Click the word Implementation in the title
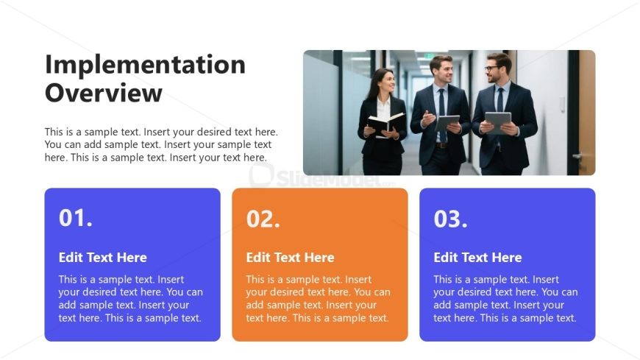(x=145, y=65)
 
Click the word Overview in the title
(x=104, y=93)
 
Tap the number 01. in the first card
(x=76, y=218)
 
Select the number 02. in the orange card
(x=263, y=219)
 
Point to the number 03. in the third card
(x=451, y=219)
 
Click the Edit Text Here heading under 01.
(x=103, y=258)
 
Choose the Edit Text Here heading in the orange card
(x=290, y=258)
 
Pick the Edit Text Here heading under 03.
(x=477, y=258)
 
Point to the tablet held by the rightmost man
(x=498, y=121)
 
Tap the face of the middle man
(x=441, y=71)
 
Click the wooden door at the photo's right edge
(x=587, y=110)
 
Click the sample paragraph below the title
(x=160, y=145)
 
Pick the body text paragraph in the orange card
(x=318, y=299)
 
